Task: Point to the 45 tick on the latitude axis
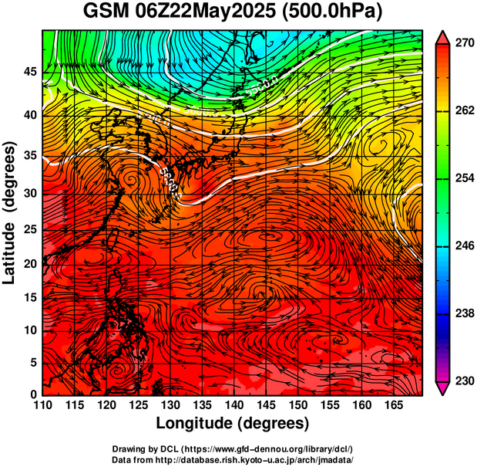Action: pos(30,72)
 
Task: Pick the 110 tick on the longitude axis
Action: pos(42,404)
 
